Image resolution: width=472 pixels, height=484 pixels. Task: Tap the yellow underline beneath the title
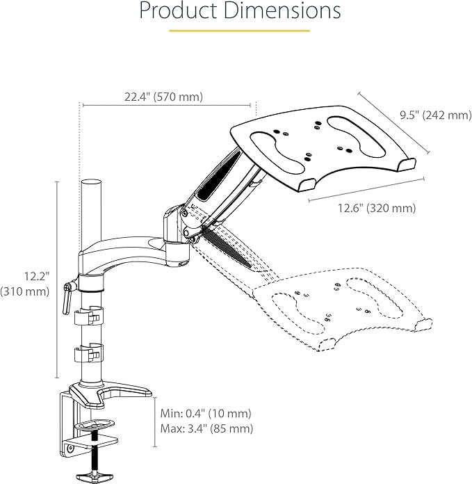point(239,31)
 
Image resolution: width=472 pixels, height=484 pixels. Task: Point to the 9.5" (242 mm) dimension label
point(435,115)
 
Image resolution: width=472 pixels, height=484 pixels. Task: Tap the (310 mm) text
point(26,292)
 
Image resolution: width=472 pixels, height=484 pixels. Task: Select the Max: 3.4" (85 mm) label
point(206,429)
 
